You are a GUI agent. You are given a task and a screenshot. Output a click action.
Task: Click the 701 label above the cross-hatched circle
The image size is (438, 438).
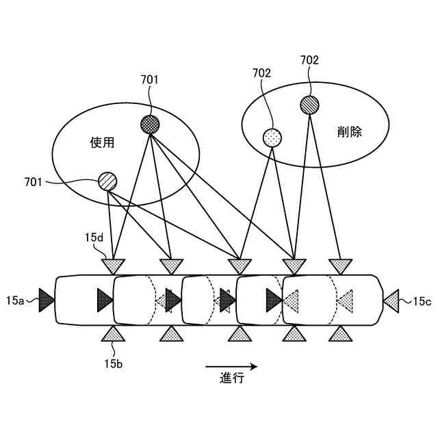pos(149,80)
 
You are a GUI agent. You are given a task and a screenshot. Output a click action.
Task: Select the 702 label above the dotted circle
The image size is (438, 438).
pos(262,73)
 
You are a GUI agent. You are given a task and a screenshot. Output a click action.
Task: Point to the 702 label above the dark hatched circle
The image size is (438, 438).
pos(309,60)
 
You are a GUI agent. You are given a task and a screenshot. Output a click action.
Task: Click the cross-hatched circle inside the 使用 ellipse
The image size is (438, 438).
pos(150,124)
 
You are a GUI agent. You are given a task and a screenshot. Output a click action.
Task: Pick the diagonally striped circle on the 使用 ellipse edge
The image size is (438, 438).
pos(107,181)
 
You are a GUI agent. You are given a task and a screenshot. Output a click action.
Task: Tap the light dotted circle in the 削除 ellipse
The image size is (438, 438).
pos(272,138)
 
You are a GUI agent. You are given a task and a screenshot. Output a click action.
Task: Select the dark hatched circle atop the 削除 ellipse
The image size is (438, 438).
pos(309,105)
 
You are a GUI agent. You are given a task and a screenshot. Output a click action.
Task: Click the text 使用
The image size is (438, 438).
pos(102,143)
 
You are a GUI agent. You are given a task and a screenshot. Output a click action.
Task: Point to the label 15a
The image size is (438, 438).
pos(15,300)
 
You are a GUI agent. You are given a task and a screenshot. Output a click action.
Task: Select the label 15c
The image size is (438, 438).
pos(422,300)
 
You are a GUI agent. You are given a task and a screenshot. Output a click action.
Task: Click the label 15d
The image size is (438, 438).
pos(94,237)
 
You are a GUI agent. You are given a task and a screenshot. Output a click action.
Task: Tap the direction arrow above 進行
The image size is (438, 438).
pos(231,365)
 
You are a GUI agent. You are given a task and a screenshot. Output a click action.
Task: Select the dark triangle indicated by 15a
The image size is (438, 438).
pos(46,299)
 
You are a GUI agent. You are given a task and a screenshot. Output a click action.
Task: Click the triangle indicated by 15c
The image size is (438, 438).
pos(391,299)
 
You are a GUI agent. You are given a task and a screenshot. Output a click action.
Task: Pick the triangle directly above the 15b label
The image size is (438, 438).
pos(114,334)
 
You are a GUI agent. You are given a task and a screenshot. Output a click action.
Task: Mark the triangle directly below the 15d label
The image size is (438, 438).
pos(114,265)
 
